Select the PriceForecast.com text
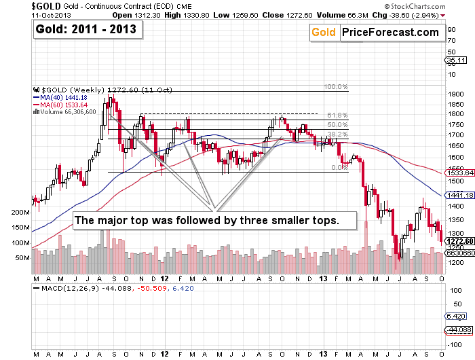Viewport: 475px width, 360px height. (389, 32)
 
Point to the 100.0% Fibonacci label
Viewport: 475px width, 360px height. (335, 87)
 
